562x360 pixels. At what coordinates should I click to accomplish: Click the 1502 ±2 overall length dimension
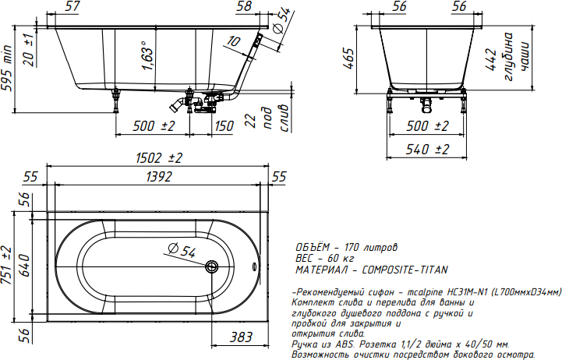pos(159,157)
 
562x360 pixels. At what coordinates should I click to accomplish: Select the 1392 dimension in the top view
pos(159,177)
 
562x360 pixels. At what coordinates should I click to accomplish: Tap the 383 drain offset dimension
pos(241,337)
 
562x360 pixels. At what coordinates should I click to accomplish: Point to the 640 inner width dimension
pos(24,266)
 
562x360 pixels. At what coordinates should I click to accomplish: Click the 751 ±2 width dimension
pos(7,266)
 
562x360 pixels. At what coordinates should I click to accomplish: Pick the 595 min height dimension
pos(7,69)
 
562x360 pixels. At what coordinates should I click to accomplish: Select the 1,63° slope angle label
pos(147,55)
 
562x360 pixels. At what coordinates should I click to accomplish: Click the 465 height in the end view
pos(348,58)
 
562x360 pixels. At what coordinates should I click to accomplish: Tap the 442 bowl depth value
pos(490,59)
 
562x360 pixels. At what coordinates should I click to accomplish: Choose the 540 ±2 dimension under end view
pos(427,149)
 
